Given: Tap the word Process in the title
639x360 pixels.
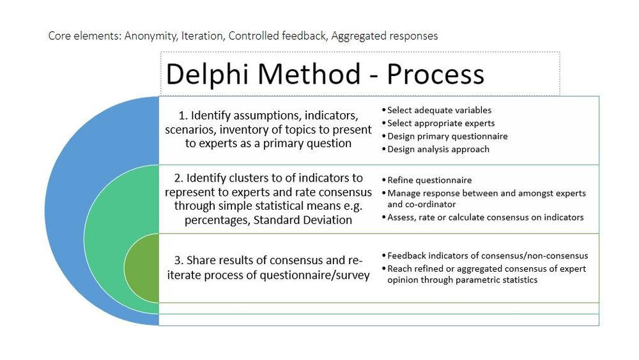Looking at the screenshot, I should coord(435,74).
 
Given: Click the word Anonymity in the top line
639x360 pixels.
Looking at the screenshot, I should coord(151,36).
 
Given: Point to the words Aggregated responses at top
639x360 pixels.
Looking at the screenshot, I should coord(384,36).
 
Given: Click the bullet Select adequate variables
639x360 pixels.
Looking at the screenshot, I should coord(439,111).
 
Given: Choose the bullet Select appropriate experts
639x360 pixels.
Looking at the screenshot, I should coord(441,123).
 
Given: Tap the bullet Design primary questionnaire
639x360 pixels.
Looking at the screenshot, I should coord(447,136).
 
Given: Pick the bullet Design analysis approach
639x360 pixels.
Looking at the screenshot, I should coord(438,149).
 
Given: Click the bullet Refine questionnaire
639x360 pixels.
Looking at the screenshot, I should coord(429,180).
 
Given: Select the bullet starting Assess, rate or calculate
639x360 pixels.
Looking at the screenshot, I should coord(485,217).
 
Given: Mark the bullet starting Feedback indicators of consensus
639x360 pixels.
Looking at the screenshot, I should coord(488,256).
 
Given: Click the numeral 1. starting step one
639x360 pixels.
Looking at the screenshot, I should coord(183,116).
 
